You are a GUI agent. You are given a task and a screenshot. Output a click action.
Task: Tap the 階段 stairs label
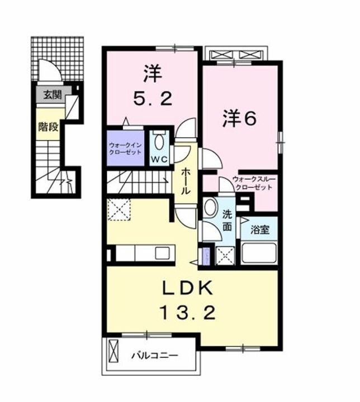[48, 126]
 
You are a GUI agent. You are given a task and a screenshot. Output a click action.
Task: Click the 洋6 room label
[239, 119]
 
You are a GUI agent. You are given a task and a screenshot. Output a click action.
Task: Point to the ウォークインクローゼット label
[125, 148]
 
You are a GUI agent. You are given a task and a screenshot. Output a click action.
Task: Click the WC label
[160, 159]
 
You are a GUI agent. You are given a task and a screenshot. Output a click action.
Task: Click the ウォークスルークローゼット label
[252, 183]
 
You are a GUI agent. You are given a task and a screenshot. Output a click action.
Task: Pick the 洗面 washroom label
[228, 220]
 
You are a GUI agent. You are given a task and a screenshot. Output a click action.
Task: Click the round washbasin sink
[211, 207]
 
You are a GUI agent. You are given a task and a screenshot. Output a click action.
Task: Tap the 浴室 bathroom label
[259, 228]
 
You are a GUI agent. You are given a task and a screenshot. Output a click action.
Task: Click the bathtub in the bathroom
[259, 253]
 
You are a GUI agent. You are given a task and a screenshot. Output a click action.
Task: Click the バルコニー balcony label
[155, 355]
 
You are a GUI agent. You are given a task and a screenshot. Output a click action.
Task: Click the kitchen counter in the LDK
[145, 254]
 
